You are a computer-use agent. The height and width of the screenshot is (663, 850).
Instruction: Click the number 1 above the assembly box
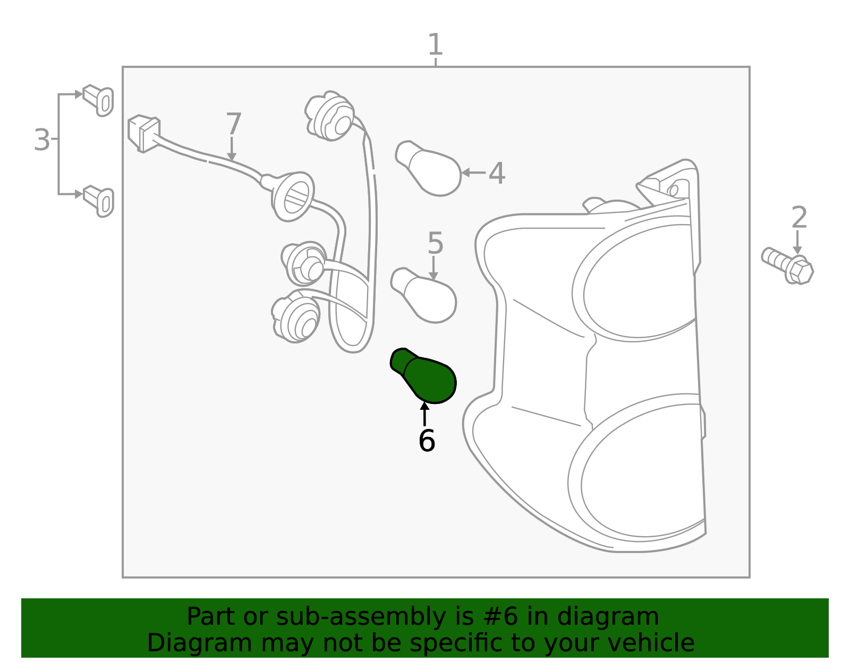pyautogui.click(x=436, y=44)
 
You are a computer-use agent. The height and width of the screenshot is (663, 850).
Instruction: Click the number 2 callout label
pyautogui.click(x=799, y=218)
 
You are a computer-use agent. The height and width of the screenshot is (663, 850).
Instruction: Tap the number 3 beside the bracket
pyautogui.click(x=42, y=140)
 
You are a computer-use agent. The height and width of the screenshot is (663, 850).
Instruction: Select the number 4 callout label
pyautogui.click(x=497, y=173)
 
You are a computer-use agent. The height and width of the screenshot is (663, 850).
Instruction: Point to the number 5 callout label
pyautogui.click(x=435, y=243)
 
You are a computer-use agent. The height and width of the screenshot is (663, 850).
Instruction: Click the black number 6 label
pyautogui.click(x=427, y=441)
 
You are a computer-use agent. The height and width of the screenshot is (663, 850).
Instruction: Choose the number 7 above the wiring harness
pyautogui.click(x=234, y=124)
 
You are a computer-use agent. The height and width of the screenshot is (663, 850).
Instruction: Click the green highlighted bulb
pyautogui.click(x=423, y=375)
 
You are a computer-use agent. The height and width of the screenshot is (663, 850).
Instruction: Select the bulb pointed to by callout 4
pyautogui.click(x=428, y=168)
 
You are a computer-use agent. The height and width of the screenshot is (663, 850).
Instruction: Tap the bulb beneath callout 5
pyautogui.click(x=423, y=295)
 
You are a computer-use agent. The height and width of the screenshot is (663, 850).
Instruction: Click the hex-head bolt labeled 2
pyautogui.click(x=787, y=265)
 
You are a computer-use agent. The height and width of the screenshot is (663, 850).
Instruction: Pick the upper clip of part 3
pyautogui.click(x=98, y=100)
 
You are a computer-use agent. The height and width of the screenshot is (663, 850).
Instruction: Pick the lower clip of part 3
pyautogui.click(x=98, y=201)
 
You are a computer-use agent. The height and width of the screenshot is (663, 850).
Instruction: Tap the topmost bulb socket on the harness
pyautogui.click(x=330, y=116)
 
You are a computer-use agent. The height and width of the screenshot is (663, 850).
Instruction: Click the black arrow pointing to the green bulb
pyautogui.click(x=424, y=414)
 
